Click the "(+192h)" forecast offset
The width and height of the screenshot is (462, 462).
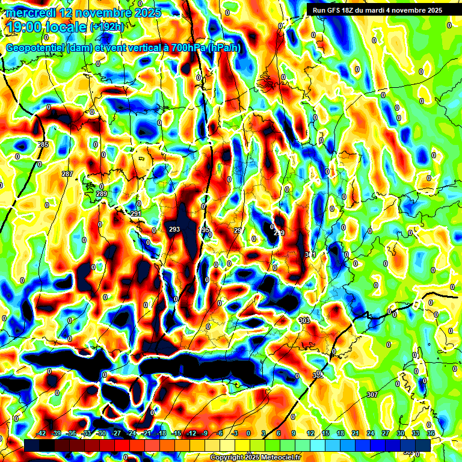(106, 27)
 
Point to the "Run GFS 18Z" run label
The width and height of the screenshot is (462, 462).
(336, 10)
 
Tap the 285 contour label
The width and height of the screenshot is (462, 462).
(43, 145)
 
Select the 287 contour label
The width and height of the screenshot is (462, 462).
(67, 174)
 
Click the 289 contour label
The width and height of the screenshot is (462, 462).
(102, 194)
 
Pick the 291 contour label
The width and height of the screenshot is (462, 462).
(136, 214)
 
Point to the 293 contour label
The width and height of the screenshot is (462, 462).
(174, 229)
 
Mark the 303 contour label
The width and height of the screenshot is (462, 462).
(304, 321)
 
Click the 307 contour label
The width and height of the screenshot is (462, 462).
(372, 395)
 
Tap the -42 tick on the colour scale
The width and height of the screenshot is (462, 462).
(42, 433)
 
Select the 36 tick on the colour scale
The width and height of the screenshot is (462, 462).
(430, 433)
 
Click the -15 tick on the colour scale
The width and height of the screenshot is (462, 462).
(176, 433)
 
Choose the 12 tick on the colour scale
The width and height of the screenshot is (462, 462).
(310, 433)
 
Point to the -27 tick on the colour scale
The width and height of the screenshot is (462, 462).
(116, 433)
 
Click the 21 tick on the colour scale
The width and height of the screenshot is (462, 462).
(355, 433)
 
